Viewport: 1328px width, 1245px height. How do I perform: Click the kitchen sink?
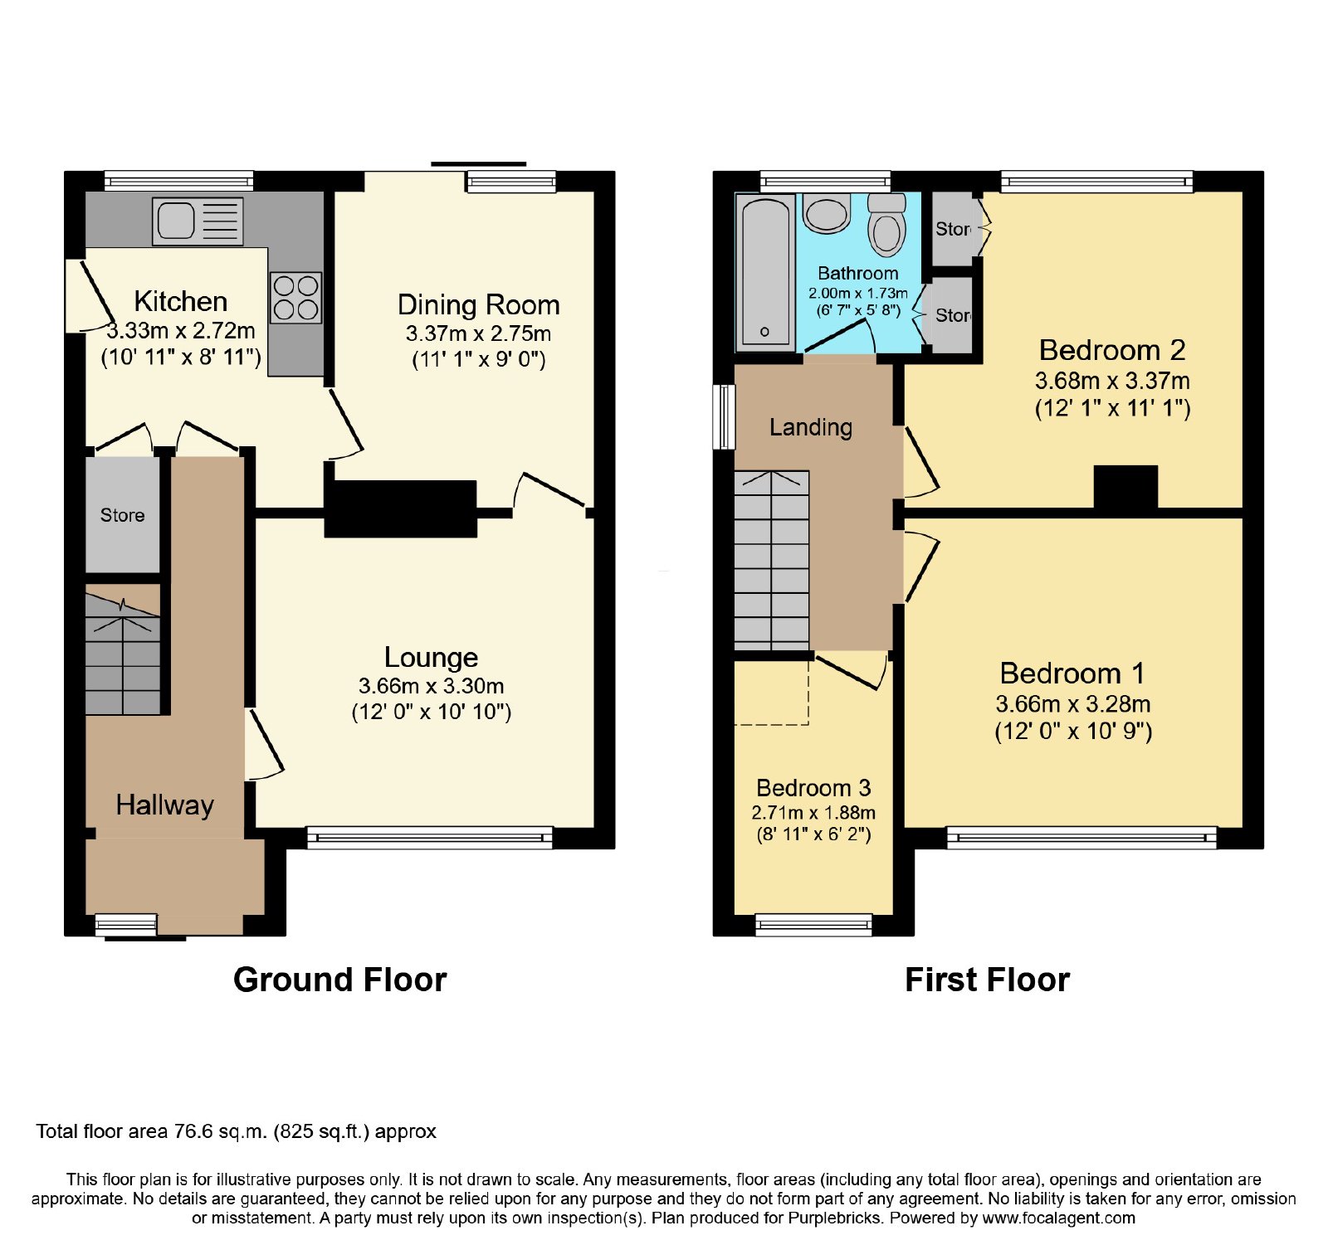tap(198, 221)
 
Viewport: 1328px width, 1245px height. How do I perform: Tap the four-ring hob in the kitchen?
tap(296, 298)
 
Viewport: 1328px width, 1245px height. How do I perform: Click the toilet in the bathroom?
tap(886, 224)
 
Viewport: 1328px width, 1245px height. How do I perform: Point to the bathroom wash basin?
tap(827, 212)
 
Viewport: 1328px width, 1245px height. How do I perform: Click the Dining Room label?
tap(479, 304)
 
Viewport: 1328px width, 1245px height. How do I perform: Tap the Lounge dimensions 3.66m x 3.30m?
tap(432, 686)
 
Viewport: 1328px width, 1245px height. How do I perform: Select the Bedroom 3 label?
tap(813, 787)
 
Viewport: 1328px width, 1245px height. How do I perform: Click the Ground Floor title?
tap(340, 980)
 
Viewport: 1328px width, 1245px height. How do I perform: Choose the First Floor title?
tap(987, 980)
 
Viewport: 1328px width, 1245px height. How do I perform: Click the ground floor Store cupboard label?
tap(123, 515)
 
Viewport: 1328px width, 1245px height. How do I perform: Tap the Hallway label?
tap(165, 805)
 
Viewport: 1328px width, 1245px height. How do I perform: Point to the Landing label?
tap(811, 427)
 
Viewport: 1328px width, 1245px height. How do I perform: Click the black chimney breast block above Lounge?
tap(400, 508)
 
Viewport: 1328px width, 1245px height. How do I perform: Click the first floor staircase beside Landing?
tap(772, 561)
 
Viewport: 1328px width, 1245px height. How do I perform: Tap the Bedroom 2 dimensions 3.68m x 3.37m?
tap(1112, 381)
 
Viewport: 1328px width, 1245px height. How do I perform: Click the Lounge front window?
tap(430, 837)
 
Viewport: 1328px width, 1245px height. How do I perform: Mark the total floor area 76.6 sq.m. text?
tap(236, 1131)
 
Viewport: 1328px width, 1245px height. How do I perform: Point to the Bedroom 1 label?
tap(1072, 673)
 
